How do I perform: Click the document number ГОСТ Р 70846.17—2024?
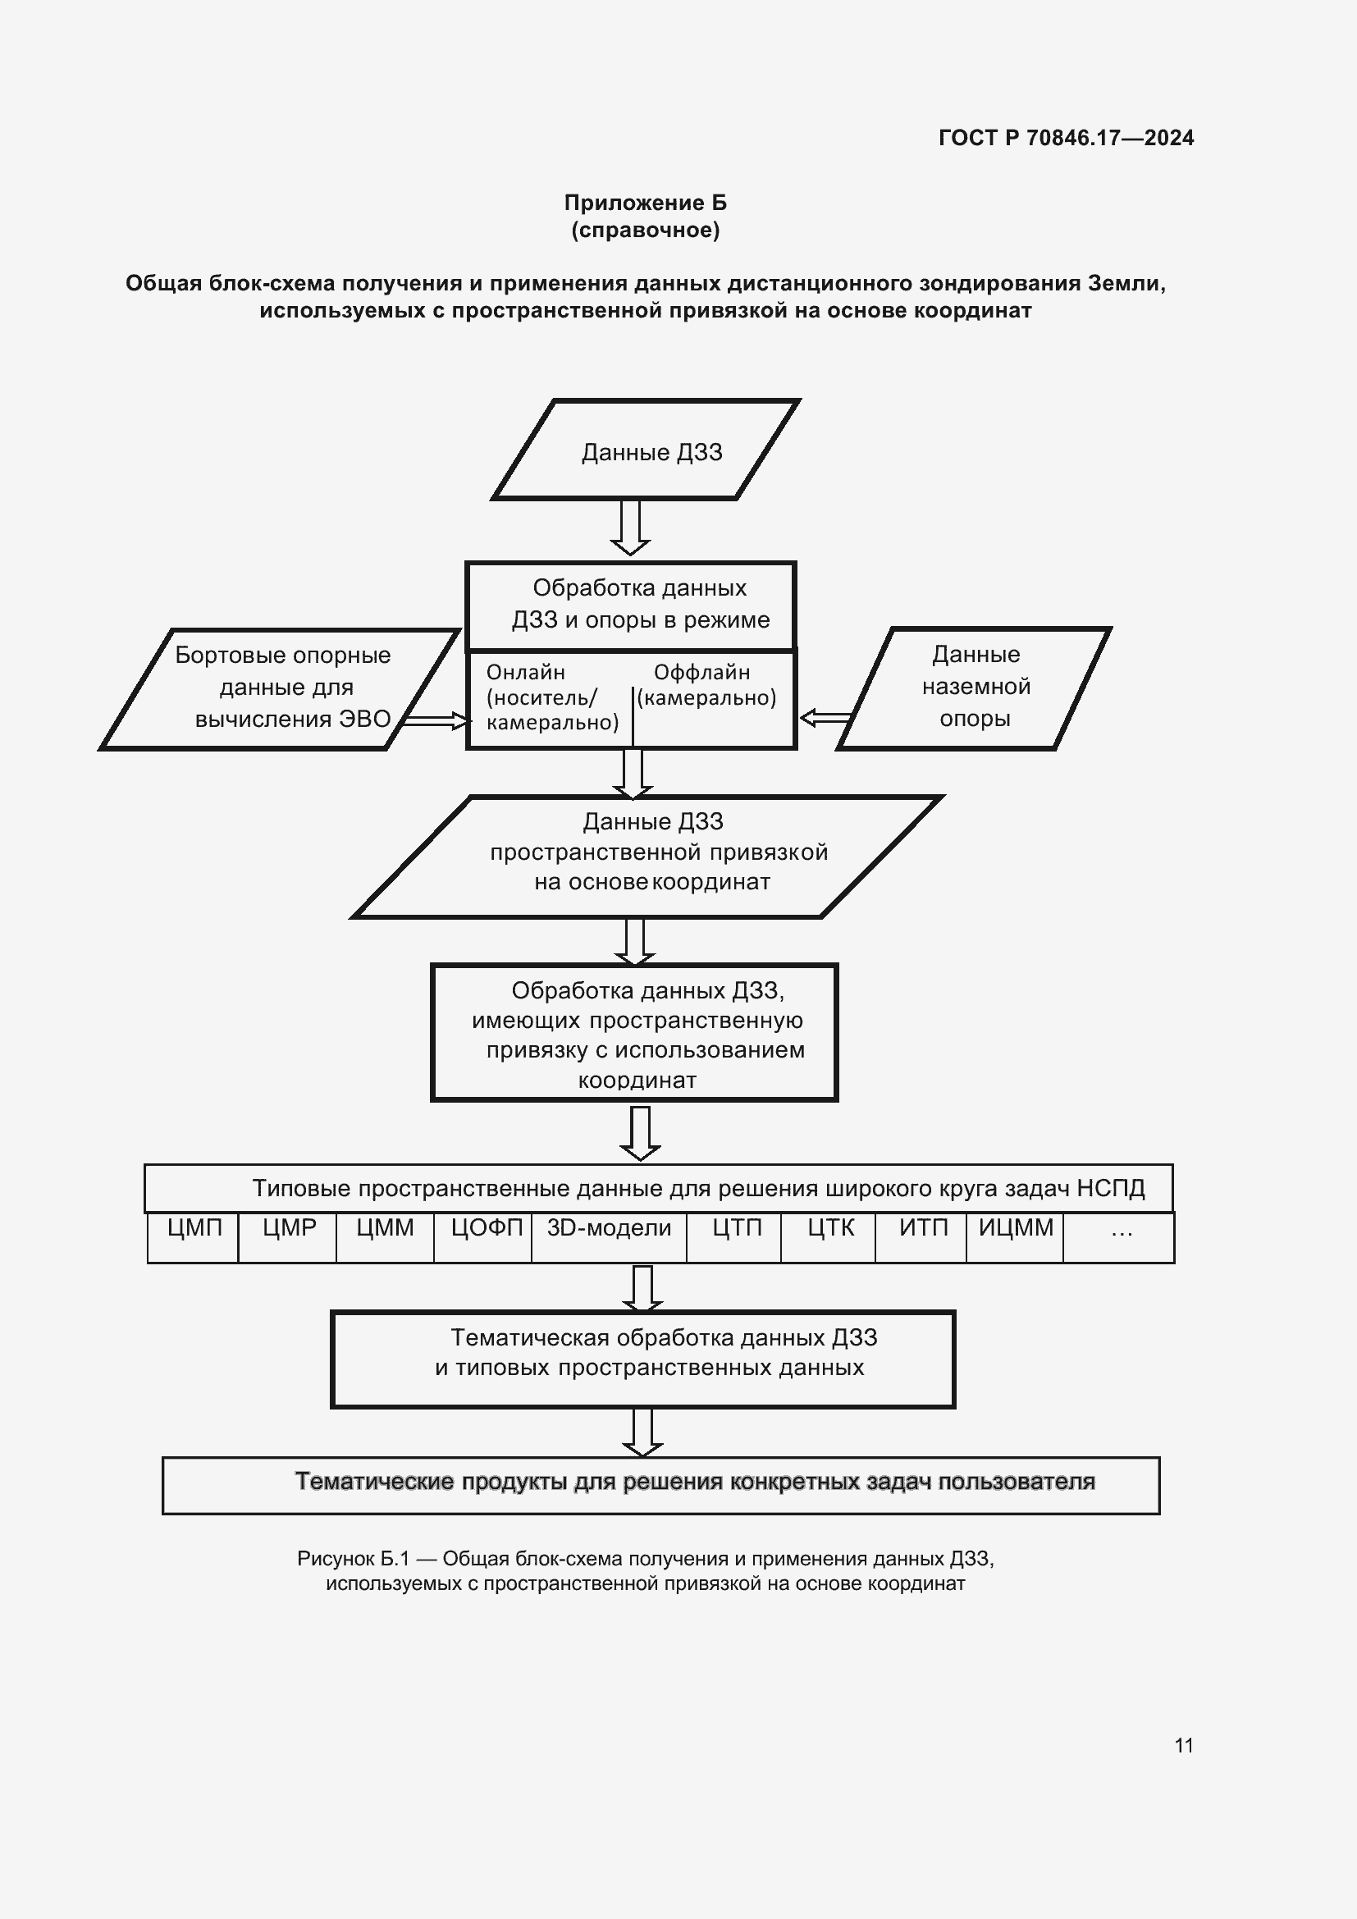1066,138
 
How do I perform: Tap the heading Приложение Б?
645,203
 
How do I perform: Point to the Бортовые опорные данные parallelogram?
281,687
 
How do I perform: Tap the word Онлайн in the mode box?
526,672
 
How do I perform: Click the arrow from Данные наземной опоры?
825,718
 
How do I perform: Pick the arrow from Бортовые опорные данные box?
436,720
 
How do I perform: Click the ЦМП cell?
194,1228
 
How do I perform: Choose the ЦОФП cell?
486,1228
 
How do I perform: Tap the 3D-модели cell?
609,1228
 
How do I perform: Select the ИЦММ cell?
1015,1228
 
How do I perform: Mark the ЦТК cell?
829,1228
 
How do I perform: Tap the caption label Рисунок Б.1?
354,1559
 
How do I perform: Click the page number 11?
1183,1745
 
